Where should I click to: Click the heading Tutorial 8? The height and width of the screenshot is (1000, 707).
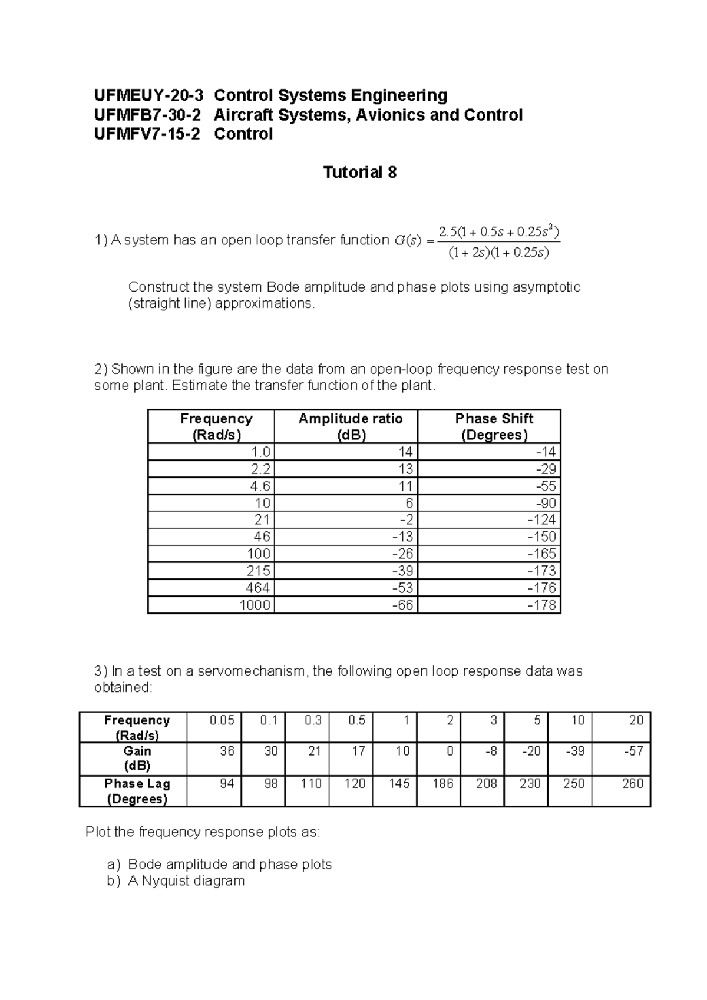359,173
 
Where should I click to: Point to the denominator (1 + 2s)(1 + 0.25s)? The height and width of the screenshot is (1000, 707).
498,253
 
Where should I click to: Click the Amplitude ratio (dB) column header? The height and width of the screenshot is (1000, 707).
351,426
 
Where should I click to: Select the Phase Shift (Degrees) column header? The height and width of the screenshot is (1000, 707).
494,426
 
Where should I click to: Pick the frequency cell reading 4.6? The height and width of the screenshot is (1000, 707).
260,486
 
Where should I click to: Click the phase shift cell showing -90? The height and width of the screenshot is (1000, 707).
544,503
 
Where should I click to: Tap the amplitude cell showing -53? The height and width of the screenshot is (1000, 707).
403,588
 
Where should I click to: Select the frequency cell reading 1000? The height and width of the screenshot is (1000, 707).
255,605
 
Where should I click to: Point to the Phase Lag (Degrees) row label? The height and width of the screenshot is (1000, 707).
137,791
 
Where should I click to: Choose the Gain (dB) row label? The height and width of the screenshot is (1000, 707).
137,759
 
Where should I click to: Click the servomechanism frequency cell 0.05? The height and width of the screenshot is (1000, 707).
222,720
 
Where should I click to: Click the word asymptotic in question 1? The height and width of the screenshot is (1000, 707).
546,287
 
